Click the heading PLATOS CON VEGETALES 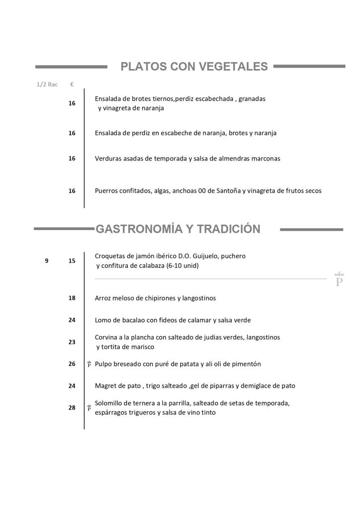click(x=194, y=67)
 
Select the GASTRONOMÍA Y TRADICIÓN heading click(x=178, y=229)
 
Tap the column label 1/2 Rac click(x=47, y=85)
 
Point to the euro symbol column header click(x=72, y=85)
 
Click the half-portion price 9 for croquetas click(x=47, y=260)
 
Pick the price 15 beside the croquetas click(x=72, y=260)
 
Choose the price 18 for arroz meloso click(x=72, y=298)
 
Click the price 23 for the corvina click(x=72, y=342)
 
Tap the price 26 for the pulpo click(x=72, y=364)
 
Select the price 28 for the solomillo click(x=72, y=408)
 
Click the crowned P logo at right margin click(x=340, y=279)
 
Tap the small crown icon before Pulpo click(x=89, y=364)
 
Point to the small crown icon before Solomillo click(x=89, y=408)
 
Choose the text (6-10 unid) click(x=182, y=266)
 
